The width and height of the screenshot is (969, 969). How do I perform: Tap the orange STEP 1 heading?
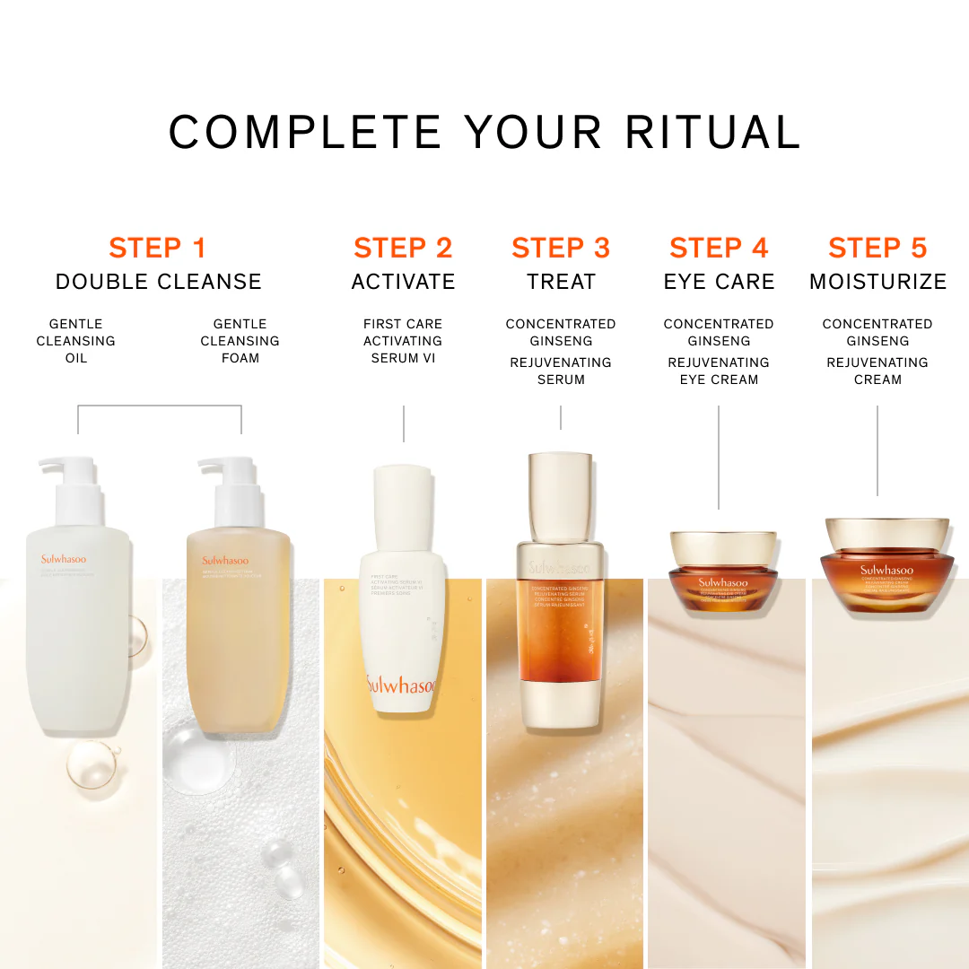[158, 248]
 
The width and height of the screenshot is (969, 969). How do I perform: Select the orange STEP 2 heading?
[403, 248]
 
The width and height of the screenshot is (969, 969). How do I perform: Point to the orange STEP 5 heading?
[877, 248]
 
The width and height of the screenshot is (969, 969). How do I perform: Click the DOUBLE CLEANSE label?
[158, 282]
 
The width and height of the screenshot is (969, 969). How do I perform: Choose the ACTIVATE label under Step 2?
[403, 282]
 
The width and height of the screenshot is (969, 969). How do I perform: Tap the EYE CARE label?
[719, 282]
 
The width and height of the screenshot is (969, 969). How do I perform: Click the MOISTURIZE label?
[877, 282]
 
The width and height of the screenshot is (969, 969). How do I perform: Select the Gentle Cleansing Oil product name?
[76, 341]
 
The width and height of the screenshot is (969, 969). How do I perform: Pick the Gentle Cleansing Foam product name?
[240, 341]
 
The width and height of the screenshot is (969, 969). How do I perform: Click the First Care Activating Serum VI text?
[403, 341]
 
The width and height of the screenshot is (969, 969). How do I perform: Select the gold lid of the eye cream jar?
[718, 547]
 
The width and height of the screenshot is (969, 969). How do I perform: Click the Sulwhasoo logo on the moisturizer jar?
[886, 571]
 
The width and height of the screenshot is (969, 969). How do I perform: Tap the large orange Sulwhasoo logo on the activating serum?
[401, 685]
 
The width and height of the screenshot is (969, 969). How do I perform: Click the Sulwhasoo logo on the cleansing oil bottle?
[64, 560]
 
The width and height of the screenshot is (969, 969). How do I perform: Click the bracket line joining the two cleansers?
[160, 406]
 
